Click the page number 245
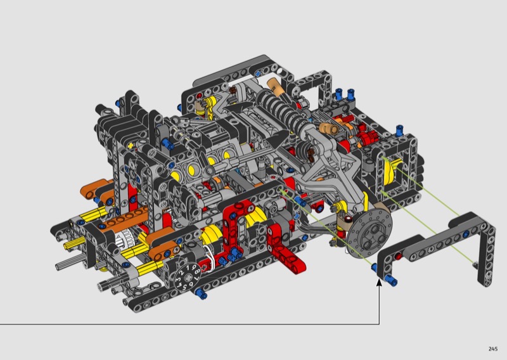tap(493, 349)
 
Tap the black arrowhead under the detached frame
tap(379, 283)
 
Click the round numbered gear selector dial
tap(186, 277)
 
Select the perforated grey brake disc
tap(370, 233)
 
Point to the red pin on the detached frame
tap(399, 257)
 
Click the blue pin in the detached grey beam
tap(466, 234)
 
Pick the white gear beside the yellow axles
tap(124, 240)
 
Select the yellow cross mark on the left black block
tap(131, 146)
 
